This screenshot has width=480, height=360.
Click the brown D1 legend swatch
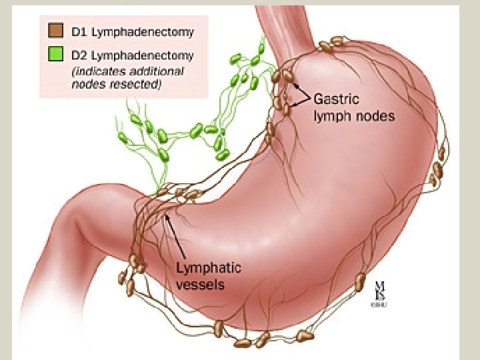pyautogui.click(x=55, y=31)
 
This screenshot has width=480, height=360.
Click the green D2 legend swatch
pyautogui.click(x=55, y=55)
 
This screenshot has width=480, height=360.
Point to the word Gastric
pyautogui.click(x=336, y=100)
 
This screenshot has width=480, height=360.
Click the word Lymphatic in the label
pyautogui.click(x=208, y=268)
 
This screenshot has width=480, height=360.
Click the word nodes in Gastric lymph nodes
pyautogui.click(x=375, y=116)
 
